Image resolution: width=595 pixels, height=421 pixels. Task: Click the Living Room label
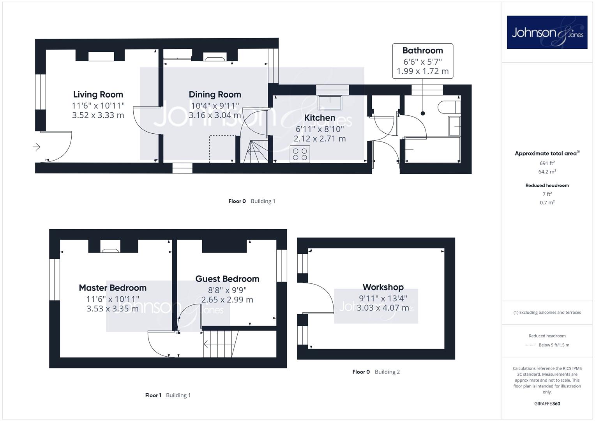click(x=98, y=95)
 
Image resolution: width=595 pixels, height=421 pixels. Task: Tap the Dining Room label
click(x=215, y=95)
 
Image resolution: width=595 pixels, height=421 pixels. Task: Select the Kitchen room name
click(x=320, y=118)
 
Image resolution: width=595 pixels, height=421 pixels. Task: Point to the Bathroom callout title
click(x=423, y=51)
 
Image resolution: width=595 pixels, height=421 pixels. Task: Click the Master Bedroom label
click(x=113, y=288)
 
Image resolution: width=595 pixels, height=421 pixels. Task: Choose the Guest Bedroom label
click(x=228, y=279)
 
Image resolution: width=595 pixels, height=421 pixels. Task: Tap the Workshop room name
click(x=383, y=287)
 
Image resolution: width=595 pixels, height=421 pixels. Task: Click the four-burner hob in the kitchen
click(x=300, y=154)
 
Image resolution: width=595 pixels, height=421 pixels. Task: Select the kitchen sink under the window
click(x=330, y=103)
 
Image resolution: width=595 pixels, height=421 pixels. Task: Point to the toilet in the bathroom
click(x=449, y=107)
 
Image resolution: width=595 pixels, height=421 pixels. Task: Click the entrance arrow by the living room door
click(x=36, y=147)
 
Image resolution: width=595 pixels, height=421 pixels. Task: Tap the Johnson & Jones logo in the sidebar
click(x=547, y=32)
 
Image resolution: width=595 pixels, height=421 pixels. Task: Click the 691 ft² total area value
click(x=547, y=163)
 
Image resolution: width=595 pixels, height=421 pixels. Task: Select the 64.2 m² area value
click(x=547, y=172)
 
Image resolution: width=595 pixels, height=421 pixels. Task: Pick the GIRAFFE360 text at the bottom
click(x=547, y=404)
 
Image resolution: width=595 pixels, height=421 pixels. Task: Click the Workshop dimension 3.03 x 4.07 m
click(x=383, y=308)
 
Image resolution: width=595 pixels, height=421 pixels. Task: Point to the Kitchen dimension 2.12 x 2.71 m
click(x=320, y=139)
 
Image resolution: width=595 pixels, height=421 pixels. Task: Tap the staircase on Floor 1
click(x=221, y=344)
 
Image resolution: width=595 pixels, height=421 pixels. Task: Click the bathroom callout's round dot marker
click(x=423, y=113)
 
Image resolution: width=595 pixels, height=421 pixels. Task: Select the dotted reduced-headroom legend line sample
click(x=530, y=345)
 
